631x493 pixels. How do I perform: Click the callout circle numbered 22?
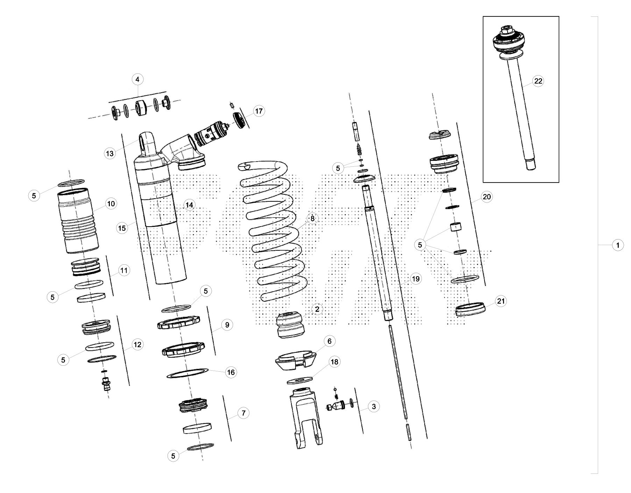click(538, 81)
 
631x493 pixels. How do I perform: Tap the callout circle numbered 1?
click(617, 245)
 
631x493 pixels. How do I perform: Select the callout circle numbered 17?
click(258, 112)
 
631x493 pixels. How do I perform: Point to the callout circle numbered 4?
click(137, 80)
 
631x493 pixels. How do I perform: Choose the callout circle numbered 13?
click(110, 153)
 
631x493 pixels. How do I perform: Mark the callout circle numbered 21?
click(501, 301)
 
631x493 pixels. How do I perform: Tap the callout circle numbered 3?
click(374, 407)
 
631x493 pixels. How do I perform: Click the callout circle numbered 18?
click(334, 362)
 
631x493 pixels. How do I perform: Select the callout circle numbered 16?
click(231, 372)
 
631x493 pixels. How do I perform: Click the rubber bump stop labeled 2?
click(290, 326)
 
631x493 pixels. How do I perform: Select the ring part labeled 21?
click(470, 309)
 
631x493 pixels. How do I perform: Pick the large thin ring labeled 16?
click(187, 373)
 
